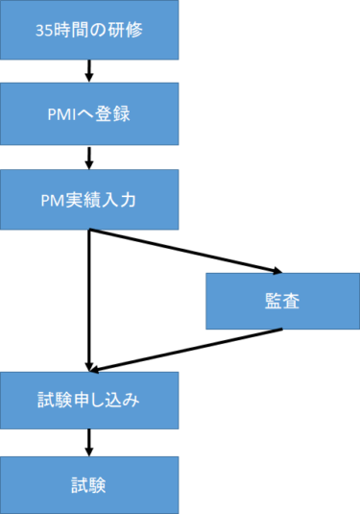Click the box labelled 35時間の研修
click(x=89, y=30)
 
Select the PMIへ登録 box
click(x=89, y=114)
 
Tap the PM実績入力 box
click(x=89, y=200)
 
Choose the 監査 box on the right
click(x=281, y=301)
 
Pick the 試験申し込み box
click(x=89, y=400)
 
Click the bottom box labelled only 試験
click(x=89, y=483)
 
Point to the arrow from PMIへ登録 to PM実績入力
click(x=89, y=157)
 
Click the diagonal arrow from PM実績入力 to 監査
click(x=182, y=251)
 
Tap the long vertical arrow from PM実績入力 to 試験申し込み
click(x=89, y=298)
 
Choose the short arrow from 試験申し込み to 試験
click(x=89, y=441)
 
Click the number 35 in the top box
click(x=40, y=30)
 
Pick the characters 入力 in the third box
click(x=124, y=200)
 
